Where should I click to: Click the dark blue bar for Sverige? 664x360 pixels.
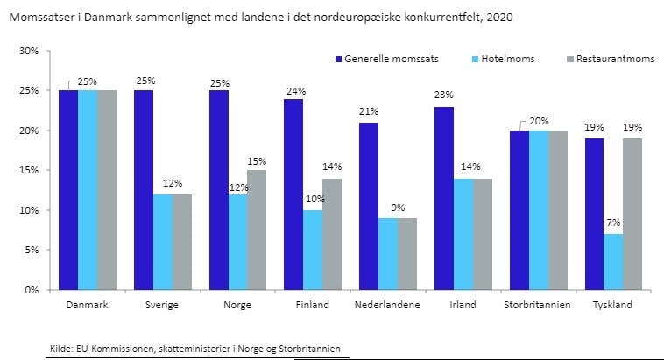[144, 189]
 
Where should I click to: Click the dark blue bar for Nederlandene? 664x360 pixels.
[369, 206]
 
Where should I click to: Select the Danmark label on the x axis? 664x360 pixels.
[88, 305]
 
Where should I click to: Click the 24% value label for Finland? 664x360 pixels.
[294, 90]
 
